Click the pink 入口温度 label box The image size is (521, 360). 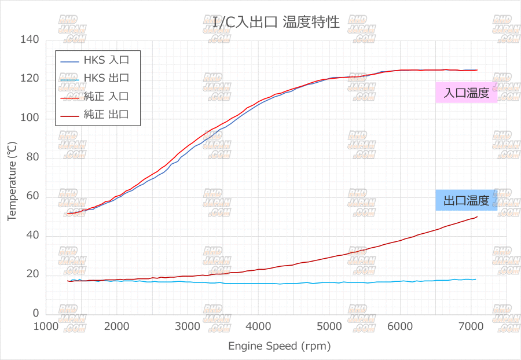467,93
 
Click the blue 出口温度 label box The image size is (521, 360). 467,201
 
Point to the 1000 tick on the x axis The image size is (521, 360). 46,326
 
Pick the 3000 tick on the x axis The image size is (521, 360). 188,326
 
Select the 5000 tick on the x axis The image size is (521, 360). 329,326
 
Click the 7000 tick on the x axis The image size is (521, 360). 470,326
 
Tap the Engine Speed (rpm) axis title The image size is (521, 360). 279,346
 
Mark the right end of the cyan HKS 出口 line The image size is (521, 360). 476,279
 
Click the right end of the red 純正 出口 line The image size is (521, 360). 478,216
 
